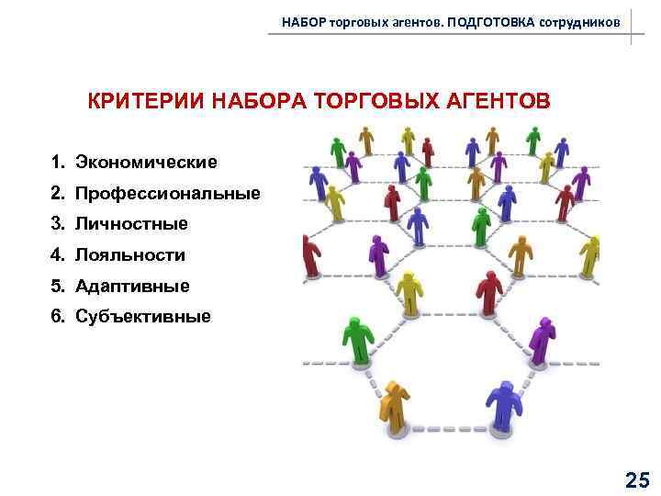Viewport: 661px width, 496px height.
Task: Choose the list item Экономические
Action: point(146,163)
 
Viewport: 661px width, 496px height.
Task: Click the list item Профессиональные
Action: point(167,194)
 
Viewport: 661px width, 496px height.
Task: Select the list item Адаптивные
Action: point(132,286)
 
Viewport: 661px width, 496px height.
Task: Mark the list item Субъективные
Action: point(142,317)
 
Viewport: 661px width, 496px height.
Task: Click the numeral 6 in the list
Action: point(57,317)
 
